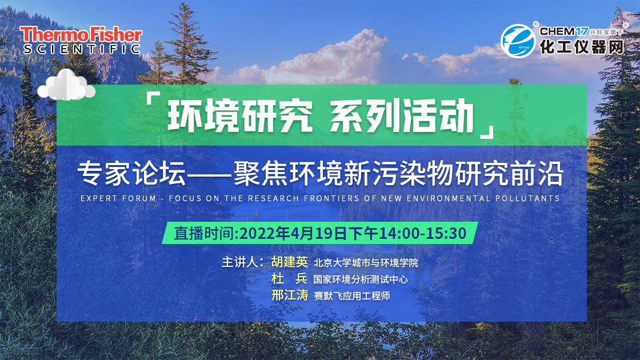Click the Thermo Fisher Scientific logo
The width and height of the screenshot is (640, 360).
(81, 40)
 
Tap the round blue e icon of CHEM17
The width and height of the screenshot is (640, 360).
(518, 41)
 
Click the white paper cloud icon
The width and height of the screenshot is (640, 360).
(66, 85)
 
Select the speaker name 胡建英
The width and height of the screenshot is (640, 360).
(289, 262)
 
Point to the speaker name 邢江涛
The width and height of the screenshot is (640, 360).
(289, 295)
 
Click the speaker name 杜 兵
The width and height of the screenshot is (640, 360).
(289, 278)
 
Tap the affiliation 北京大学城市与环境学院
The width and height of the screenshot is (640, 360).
(366, 262)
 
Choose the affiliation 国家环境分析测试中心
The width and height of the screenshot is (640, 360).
(361, 279)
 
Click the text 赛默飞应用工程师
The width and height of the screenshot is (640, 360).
(352, 296)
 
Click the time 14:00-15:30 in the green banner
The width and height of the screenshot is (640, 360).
(423, 234)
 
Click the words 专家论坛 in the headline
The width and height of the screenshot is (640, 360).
(132, 173)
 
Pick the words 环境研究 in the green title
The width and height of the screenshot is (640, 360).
(240, 116)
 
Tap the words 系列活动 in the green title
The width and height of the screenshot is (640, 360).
(401, 116)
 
